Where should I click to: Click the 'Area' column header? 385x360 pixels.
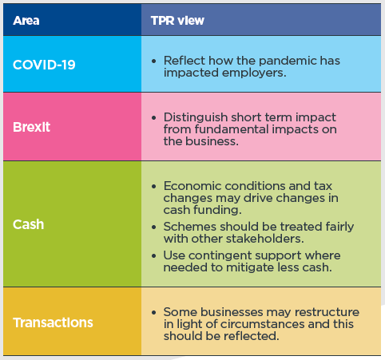pos(26,21)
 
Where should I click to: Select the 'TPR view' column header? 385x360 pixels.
pos(177,21)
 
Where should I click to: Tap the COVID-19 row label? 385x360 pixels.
pos(44,65)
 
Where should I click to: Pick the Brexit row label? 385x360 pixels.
pos(31,127)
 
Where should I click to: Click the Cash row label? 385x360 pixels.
pos(28,224)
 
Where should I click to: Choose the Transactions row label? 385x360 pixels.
pos(53,322)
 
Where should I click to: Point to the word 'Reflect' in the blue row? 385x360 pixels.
pos(185,61)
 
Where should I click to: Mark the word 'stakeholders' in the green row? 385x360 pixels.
pos(264,239)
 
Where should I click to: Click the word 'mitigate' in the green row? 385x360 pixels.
pos(249,267)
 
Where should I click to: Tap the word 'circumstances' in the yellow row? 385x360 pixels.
pos(263,324)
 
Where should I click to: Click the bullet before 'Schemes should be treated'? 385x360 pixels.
pos(153,227)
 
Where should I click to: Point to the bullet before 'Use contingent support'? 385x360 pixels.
pos(153,256)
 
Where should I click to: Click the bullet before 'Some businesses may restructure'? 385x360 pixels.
pos(153,313)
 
